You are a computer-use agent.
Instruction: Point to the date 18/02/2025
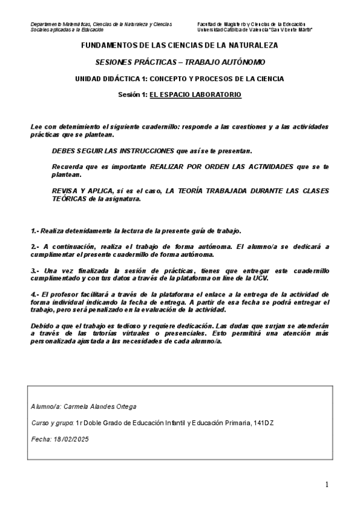pos(71,439)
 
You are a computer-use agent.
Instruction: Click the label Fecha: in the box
pos(40,439)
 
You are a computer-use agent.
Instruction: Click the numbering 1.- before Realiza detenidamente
pos(35,231)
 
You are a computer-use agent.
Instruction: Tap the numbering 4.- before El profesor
pos(35,293)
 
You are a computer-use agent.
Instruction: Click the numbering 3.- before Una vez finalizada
pos(35,271)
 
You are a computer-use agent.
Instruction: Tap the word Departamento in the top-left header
pos(47,24)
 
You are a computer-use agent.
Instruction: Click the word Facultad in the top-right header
pos(208,24)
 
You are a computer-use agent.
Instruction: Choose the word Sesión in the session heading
pos(130,95)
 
